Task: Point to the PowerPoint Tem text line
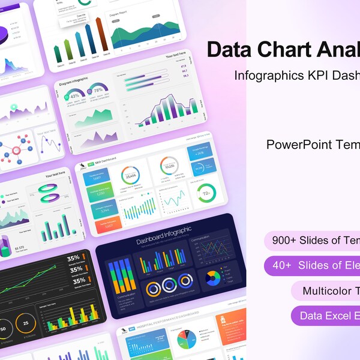(313, 145)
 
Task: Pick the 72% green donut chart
(206, 194)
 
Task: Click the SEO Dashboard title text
(107, 158)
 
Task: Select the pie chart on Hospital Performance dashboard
(186, 341)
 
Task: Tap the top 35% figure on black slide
(73, 258)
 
